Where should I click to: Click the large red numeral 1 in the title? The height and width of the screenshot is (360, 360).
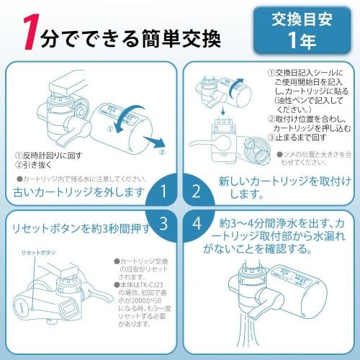[x=30, y=32]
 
